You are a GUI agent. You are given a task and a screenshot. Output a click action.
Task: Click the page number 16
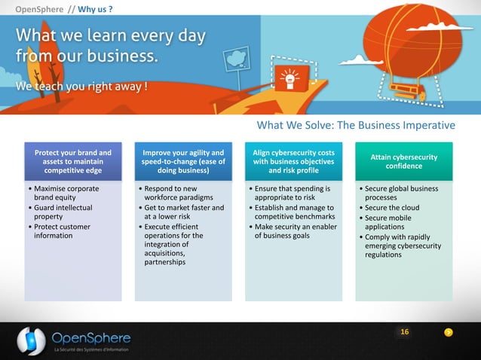point(405,332)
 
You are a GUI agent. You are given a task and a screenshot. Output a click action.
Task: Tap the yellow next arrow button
point(449,333)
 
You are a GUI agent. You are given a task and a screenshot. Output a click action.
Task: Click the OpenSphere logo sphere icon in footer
point(31,340)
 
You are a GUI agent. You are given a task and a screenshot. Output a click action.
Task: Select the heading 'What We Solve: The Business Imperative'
point(356,125)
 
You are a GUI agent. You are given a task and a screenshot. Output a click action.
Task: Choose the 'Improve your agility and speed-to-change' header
point(183,161)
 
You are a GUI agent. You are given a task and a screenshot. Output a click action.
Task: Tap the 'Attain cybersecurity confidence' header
point(404,161)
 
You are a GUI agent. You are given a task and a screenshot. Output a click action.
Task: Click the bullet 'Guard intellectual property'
point(61,212)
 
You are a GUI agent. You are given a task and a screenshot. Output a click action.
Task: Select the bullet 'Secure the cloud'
point(392,208)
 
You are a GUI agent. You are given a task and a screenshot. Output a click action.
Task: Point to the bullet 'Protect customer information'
point(60,231)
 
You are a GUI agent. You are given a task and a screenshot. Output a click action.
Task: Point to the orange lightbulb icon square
point(287,76)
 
